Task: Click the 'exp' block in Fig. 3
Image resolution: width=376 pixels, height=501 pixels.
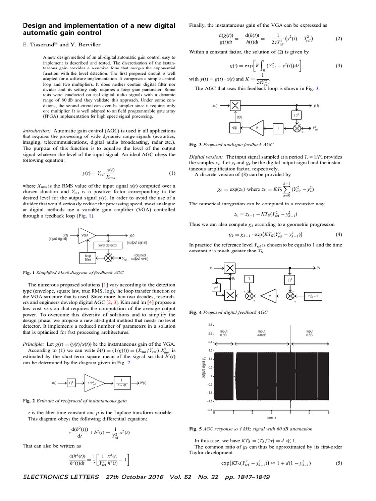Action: [x=235, y=128]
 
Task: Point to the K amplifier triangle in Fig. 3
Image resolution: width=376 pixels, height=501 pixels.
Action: [x=257, y=128]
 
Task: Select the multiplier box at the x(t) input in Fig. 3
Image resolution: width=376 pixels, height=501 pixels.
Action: [x=235, y=105]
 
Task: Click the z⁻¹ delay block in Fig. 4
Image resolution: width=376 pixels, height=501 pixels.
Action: [x=216, y=288]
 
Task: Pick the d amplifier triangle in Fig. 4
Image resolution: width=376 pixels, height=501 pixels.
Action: [x=270, y=296]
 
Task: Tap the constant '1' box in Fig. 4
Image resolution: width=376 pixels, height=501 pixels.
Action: [x=249, y=279]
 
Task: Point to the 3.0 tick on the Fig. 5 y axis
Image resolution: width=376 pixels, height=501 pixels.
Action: [x=210, y=324]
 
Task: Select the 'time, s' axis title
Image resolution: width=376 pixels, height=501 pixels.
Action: [x=272, y=418]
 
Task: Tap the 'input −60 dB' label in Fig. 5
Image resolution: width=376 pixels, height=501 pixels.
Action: [x=262, y=333]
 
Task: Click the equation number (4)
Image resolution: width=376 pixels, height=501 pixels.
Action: [x=339, y=234]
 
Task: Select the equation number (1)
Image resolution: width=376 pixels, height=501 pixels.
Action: [x=171, y=173]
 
